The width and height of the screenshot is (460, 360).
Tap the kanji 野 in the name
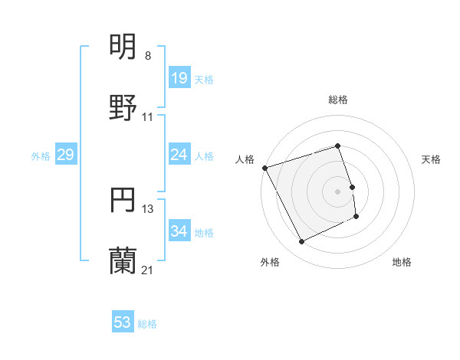[x=123, y=107]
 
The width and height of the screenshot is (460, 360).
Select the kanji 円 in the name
[x=123, y=200]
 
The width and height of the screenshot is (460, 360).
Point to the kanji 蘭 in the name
[x=123, y=261]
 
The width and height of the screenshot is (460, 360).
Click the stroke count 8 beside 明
[x=148, y=56]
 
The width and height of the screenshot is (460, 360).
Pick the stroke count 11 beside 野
[x=148, y=117]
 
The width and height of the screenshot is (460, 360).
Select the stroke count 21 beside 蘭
[x=148, y=270]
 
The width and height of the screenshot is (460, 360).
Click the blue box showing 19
[x=179, y=78]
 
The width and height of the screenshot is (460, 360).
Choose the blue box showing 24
[x=179, y=155]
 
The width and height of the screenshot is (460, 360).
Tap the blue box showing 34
[x=179, y=231]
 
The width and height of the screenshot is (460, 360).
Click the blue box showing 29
[x=65, y=155]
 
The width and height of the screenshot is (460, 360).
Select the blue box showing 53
[x=123, y=322]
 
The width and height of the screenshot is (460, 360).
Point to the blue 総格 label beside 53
[x=147, y=324]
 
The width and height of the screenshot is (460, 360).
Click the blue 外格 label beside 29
[x=41, y=155]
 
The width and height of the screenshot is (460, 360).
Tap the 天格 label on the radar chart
[x=431, y=159]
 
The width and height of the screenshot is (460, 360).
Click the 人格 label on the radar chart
[x=245, y=159]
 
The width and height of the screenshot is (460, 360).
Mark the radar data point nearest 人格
[x=264, y=168]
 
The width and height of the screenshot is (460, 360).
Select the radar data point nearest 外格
[x=301, y=242]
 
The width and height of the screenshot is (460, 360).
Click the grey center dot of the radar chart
[x=337, y=191]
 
